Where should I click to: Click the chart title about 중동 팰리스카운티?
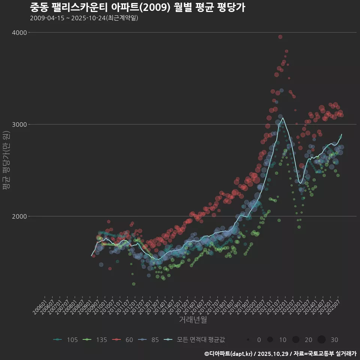[x=137, y=7]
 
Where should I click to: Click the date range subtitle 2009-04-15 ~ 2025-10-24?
[x=84, y=18]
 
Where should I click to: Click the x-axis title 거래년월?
[x=193, y=320]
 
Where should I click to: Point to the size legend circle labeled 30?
[x=321, y=340]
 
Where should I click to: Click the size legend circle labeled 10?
[x=270, y=340]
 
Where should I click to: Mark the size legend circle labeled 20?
[x=296, y=340]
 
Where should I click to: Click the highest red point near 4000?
[x=280, y=37]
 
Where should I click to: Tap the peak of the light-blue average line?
[x=283, y=118]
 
